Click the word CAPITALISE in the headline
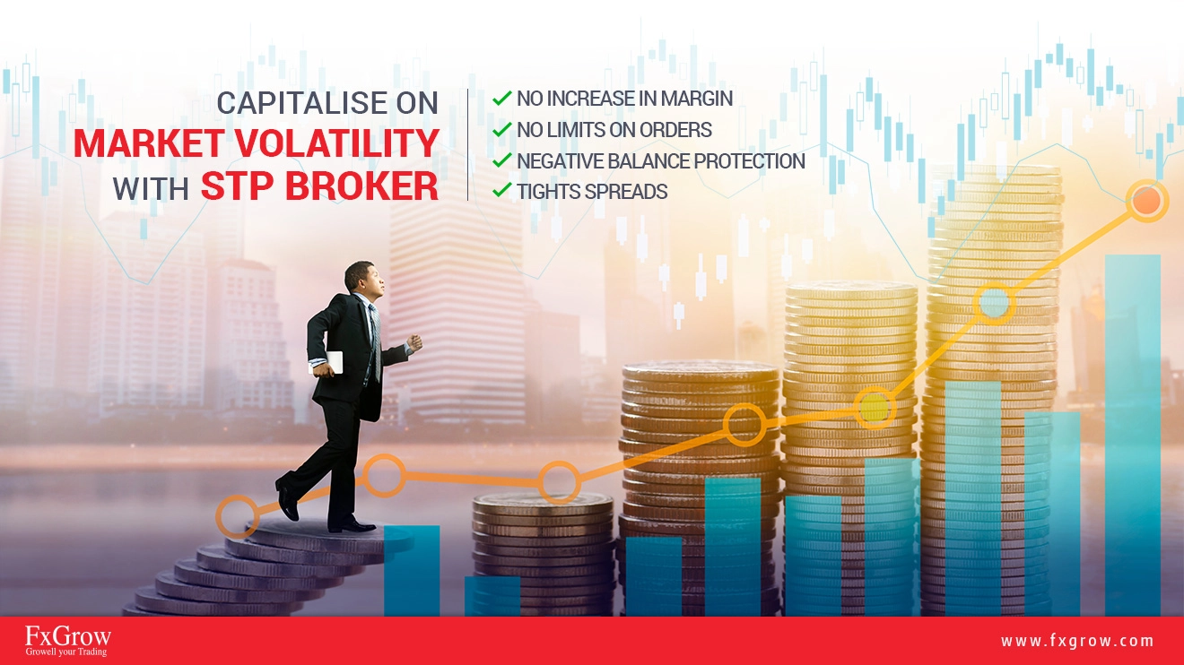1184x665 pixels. point(301,102)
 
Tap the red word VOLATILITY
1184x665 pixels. point(336,143)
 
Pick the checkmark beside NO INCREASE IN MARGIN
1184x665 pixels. point(501,99)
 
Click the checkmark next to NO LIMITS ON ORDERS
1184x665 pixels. point(501,129)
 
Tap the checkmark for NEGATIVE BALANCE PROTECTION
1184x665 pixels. point(501,160)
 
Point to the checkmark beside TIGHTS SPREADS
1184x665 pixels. point(501,190)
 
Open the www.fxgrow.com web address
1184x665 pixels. point(1076,641)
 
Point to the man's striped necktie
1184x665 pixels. point(375,341)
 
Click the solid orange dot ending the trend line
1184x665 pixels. point(1146,202)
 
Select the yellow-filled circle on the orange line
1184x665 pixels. point(875,408)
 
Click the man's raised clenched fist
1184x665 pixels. point(415,342)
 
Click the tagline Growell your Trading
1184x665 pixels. point(66,652)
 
